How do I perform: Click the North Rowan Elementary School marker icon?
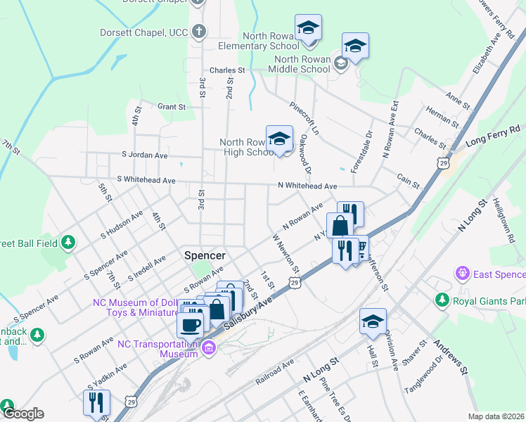[308, 29]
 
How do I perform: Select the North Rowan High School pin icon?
[279, 139]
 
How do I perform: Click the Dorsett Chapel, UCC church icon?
[199, 32]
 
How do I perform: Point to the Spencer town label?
[205, 255]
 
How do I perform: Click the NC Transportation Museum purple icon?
[208, 347]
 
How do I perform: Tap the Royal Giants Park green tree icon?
[442, 300]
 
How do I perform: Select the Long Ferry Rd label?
[495, 134]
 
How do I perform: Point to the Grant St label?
[172, 107]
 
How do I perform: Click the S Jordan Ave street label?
[145, 155]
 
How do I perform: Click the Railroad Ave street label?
[275, 373]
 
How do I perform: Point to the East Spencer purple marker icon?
[462, 272]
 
